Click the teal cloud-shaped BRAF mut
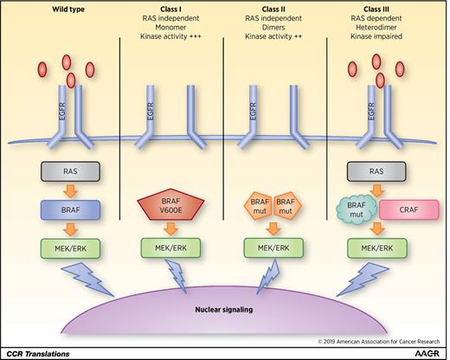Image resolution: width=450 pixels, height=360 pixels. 356,211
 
